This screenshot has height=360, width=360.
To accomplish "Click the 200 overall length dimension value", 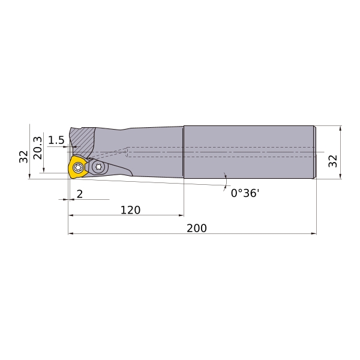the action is pyautogui.click(x=197, y=228).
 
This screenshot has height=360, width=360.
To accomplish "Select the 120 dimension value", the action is pyautogui.click(x=130, y=210).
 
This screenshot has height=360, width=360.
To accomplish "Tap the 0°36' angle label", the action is pyautogui.click(x=245, y=193).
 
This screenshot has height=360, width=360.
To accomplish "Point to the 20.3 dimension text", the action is pyautogui.click(x=38, y=148).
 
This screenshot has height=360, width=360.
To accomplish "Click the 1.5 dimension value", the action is pyautogui.click(x=56, y=140).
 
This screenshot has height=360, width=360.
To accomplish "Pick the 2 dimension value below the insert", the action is pyautogui.click(x=80, y=194).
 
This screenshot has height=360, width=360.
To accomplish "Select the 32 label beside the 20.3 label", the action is pyautogui.click(x=23, y=157).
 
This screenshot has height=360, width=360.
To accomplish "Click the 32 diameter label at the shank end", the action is pyautogui.click(x=332, y=161).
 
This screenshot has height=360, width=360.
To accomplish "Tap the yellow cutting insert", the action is pyautogui.click(x=77, y=167).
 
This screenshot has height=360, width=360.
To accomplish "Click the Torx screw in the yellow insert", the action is pyautogui.click(x=78, y=167).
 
